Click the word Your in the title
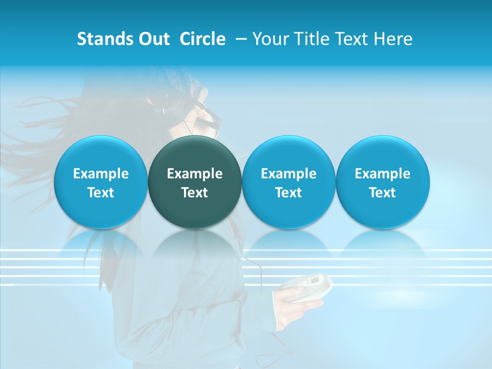click(270, 39)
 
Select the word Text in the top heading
click(351, 39)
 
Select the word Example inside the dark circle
click(195, 174)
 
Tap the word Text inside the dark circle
click(195, 193)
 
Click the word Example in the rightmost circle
click(383, 174)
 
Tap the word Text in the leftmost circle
click(100, 193)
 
